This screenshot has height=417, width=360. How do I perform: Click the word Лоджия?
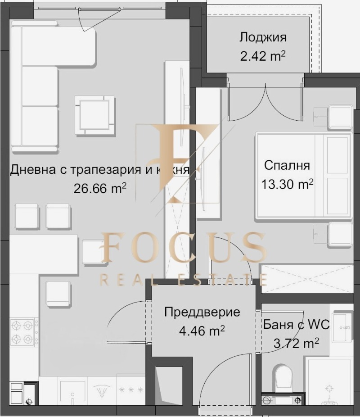tap(263, 37)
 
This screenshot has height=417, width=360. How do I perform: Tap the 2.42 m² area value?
tap(263, 56)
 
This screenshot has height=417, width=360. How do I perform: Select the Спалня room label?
tap(287, 165)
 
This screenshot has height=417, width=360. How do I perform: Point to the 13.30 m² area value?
tap(287, 184)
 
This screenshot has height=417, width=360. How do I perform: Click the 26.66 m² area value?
tap(99, 188)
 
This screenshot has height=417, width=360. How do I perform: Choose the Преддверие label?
tap(202, 312)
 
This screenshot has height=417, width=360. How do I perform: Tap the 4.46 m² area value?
tap(202, 331)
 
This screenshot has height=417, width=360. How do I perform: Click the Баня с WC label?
tap(296, 325)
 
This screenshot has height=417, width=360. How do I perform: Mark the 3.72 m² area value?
tap(296, 343)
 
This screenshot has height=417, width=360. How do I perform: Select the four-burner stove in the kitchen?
tap(23, 332)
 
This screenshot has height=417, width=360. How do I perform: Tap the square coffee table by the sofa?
tap(94, 115)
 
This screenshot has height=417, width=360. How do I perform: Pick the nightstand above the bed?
tap(333, 117)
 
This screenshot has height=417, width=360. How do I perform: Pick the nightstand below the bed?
tap(333, 235)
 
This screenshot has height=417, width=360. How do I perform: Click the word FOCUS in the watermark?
tap(184, 249)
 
